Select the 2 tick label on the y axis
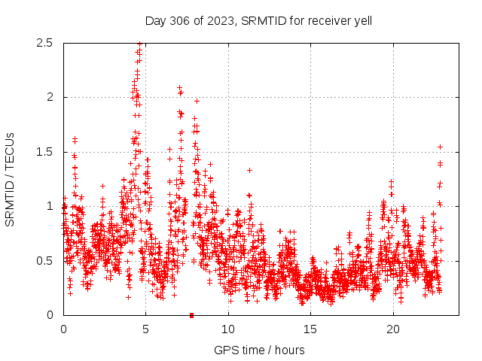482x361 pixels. pyautogui.click(x=51, y=97)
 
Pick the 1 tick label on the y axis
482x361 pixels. pyautogui.click(x=51, y=206)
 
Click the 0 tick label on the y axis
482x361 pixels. pyautogui.click(x=51, y=315)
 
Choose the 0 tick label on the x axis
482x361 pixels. pyautogui.click(x=63, y=329)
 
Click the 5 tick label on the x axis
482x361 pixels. pyautogui.click(x=146, y=329)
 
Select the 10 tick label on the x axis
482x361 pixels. pyautogui.click(x=228, y=329)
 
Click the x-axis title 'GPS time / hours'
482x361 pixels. pyautogui.click(x=259, y=350)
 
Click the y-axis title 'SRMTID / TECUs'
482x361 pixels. pyautogui.click(x=11, y=179)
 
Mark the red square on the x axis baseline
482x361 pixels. pyautogui.click(x=192, y=315)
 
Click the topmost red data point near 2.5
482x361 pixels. pyautogui.click(x=139, y=44)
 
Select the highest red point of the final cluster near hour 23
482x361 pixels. pyautogui.click(x=440, y=147)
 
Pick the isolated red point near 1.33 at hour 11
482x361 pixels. pyautogui.click(x=249, y=170)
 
